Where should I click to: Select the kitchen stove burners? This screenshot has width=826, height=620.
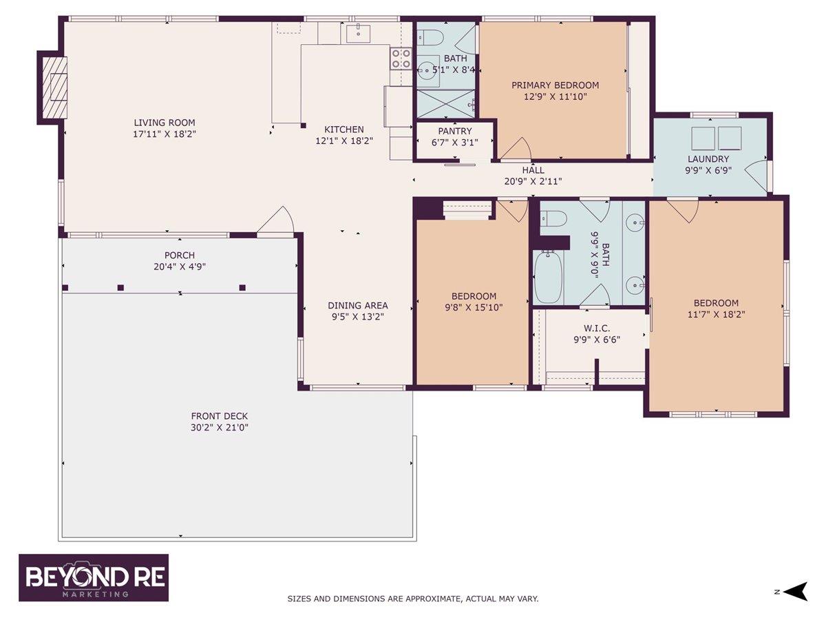[401, 59]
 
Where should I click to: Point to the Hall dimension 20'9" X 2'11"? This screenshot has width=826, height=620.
[533, 182]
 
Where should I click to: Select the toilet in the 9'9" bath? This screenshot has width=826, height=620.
[554, 219]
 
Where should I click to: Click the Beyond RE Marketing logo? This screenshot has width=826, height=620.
[94, 577]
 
